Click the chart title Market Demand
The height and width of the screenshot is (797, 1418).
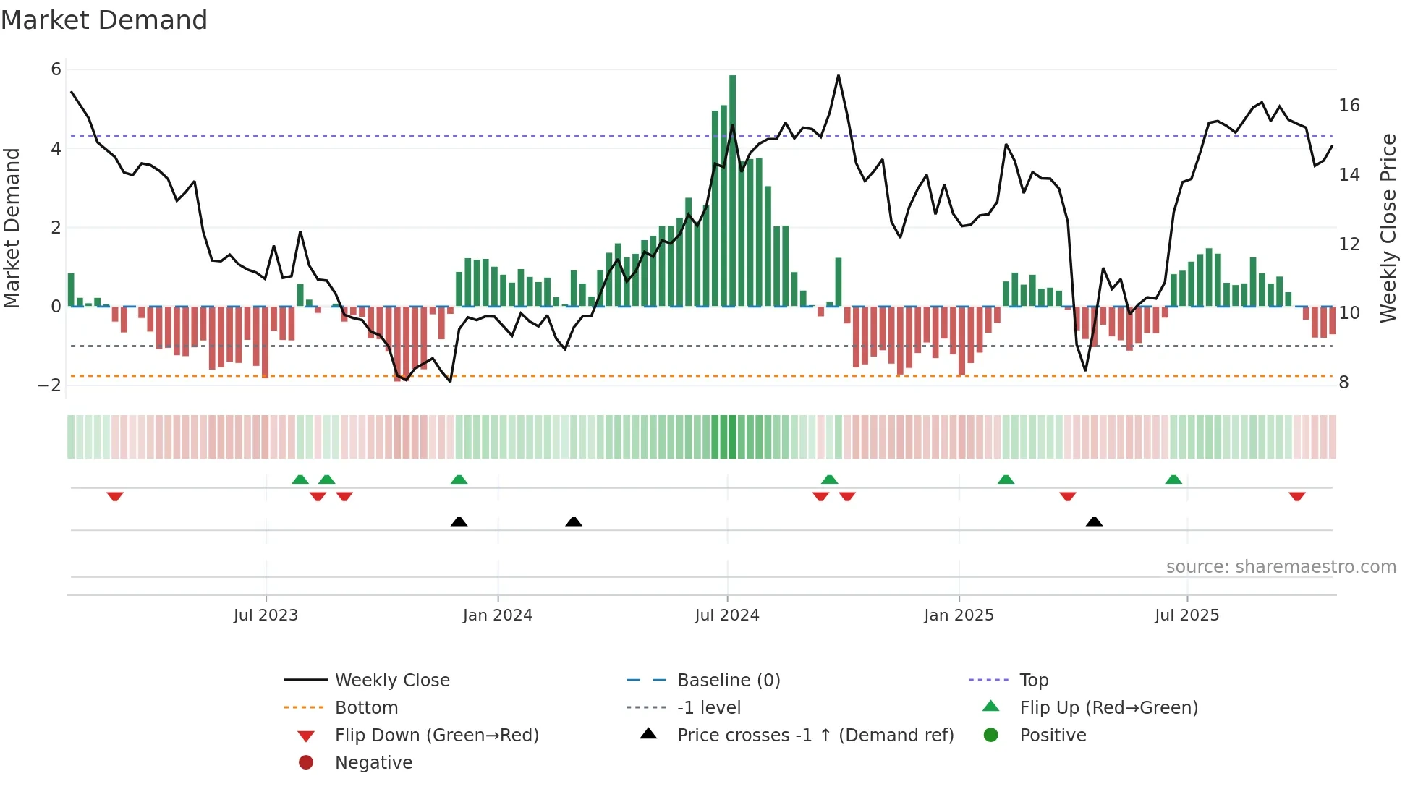[104, 20]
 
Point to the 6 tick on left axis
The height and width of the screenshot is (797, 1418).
[56, 69]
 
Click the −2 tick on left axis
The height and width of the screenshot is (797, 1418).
[49, 385]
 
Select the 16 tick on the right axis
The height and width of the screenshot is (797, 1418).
[1349, 106]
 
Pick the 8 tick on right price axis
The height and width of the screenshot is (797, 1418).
[1343, 383]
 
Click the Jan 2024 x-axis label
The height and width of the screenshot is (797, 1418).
[497, 615]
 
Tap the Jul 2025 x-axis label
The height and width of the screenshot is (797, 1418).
[1186, 615]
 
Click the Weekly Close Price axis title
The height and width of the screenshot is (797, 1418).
[1388, 228]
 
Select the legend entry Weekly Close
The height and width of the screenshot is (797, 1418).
[391, 681]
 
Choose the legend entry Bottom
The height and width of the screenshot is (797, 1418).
[366, 708]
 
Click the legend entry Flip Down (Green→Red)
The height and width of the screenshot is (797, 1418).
[436, 736]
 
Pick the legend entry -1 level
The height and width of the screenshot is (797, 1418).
[708, 708]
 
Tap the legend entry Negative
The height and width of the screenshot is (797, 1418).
[373, 763]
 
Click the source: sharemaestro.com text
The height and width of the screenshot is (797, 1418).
[1281, 567]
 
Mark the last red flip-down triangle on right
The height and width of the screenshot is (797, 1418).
[1296, 496]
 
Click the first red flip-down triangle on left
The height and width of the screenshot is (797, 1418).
[115, 496]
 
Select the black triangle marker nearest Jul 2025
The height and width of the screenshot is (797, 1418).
[1094, 521]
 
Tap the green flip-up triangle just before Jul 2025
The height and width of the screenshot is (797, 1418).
[1173, 480]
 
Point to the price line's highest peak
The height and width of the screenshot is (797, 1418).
[839, 76]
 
